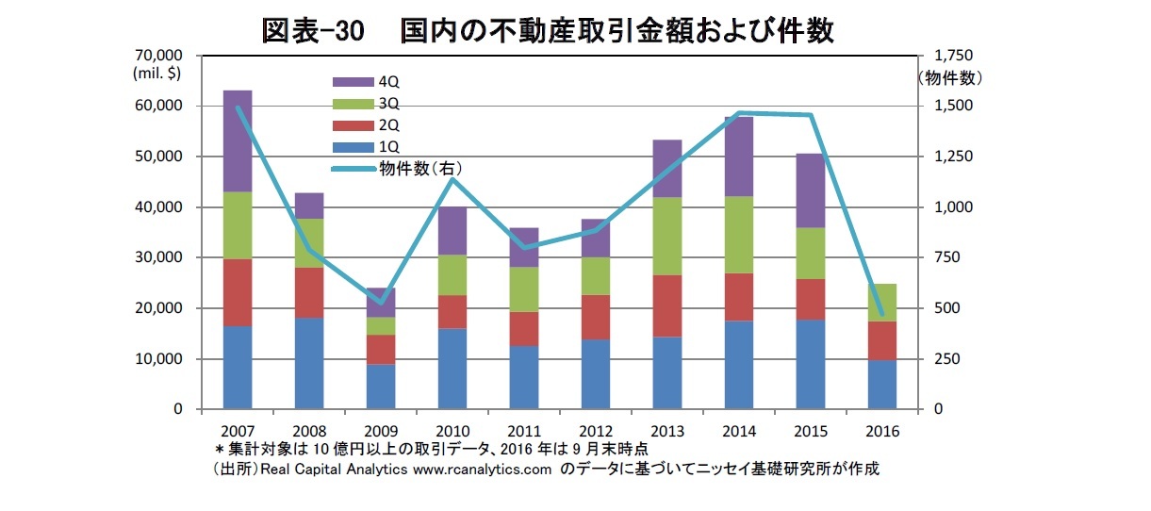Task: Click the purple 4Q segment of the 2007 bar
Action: [x=237, y=140]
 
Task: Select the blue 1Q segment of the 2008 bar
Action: [x=308, y=363]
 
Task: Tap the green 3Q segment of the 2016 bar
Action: [x=881, y=302]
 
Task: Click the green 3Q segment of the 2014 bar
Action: [x=738, y=234]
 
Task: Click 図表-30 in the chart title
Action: [x=312, y=30]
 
